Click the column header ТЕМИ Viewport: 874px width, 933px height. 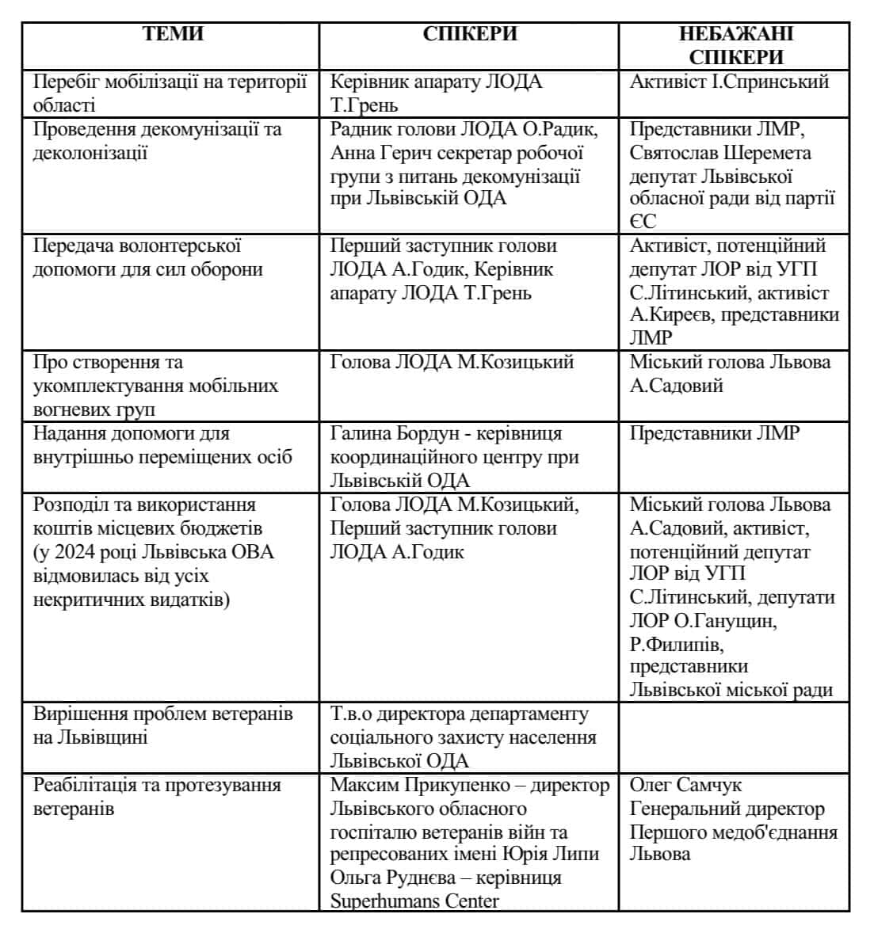[173, 34]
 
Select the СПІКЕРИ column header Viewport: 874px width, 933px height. [469, 34]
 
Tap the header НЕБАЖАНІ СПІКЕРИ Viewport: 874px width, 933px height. [735, 45]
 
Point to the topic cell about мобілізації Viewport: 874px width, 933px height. [170, 93]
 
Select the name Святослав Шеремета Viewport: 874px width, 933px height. [720, 153]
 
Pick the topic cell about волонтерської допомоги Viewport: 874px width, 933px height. [148, 257]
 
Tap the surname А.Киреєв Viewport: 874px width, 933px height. [665, 315]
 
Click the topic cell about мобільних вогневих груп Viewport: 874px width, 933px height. [156, 386]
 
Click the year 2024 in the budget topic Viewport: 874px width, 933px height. [82, 552]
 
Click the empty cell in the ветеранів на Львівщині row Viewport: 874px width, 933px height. [734, 737]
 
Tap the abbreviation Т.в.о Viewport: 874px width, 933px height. [350, 714]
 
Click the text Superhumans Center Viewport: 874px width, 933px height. [414, 901]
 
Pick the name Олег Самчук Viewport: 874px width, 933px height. [685, 786]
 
